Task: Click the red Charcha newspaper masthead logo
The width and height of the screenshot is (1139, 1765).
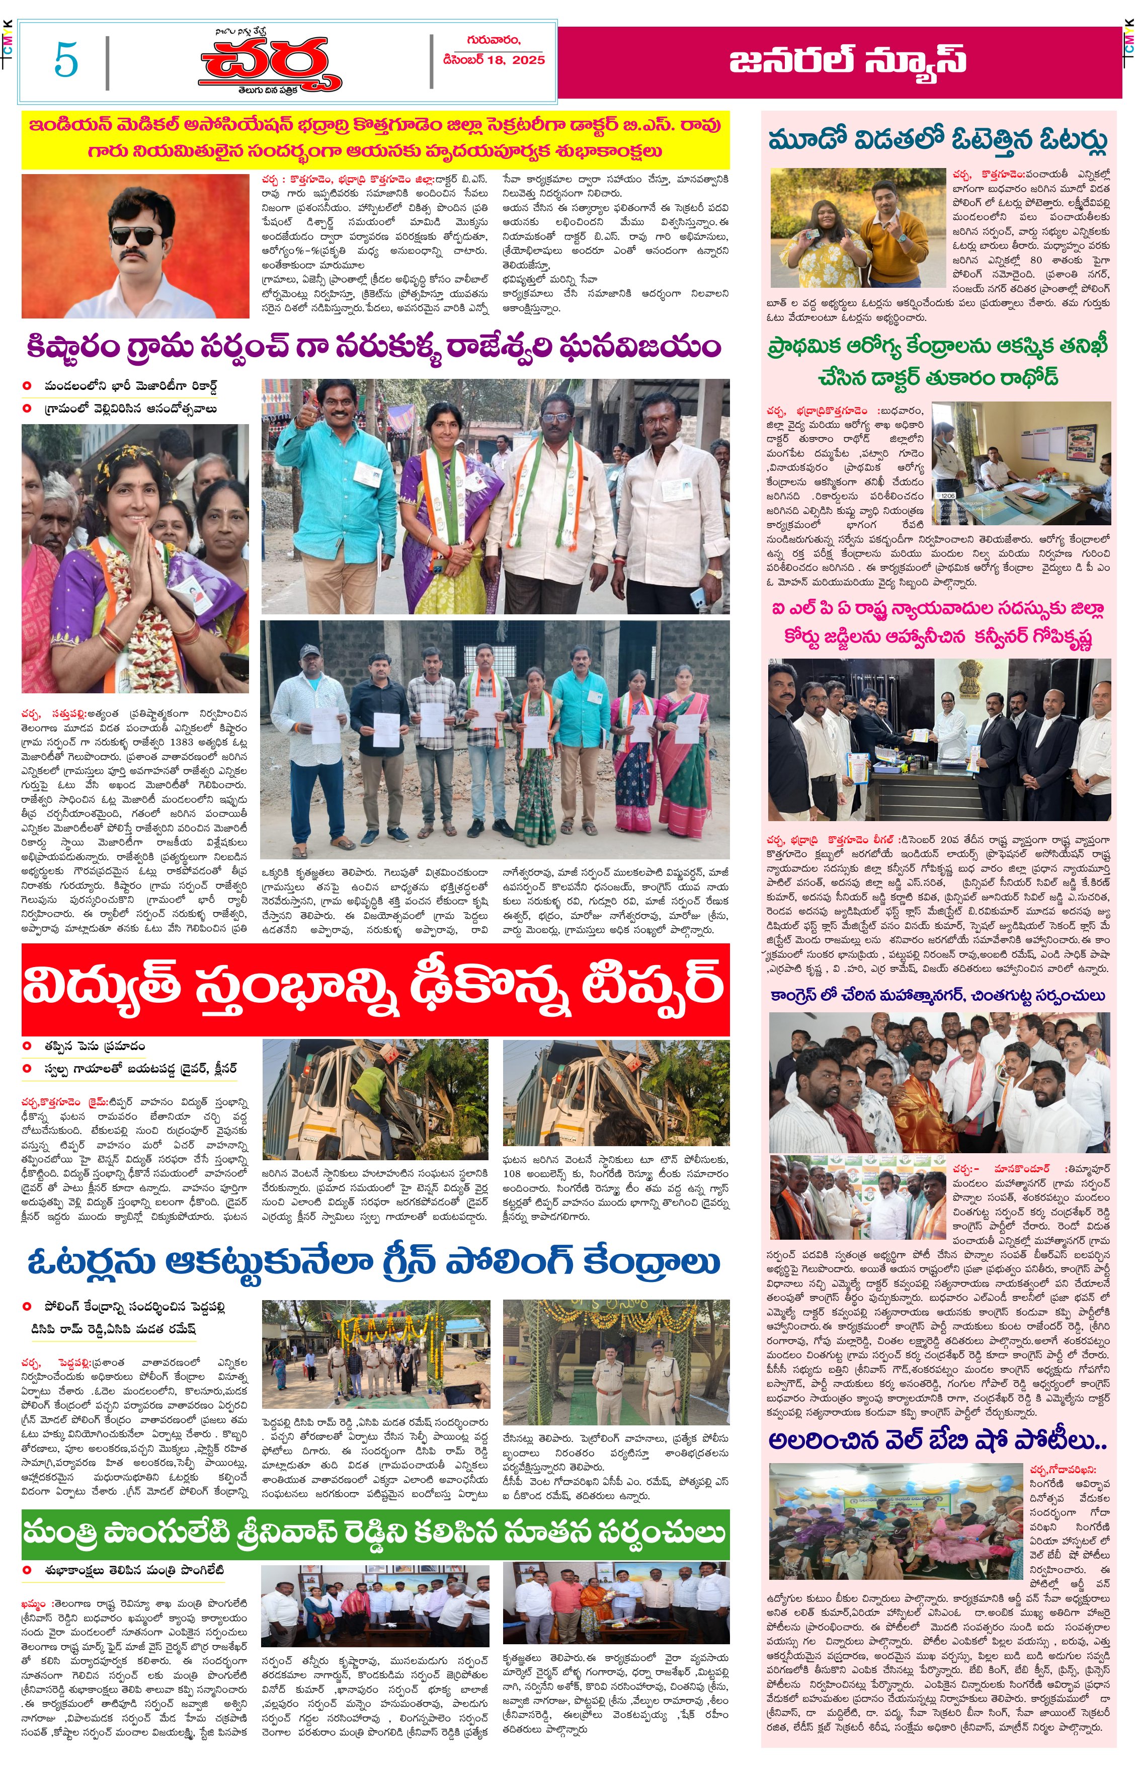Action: (270, 63)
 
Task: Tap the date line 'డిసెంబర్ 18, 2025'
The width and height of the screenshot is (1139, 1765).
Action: (494, 60)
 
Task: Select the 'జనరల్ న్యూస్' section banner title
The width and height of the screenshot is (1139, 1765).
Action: (847, 61)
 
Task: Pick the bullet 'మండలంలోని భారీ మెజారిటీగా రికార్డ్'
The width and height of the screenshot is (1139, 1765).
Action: (129, 385)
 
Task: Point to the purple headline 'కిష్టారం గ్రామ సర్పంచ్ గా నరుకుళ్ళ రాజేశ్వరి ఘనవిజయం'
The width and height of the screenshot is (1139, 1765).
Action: (373, 346)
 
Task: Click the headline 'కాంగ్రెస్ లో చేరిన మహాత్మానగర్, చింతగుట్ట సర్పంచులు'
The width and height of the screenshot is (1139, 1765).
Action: (937, 996)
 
